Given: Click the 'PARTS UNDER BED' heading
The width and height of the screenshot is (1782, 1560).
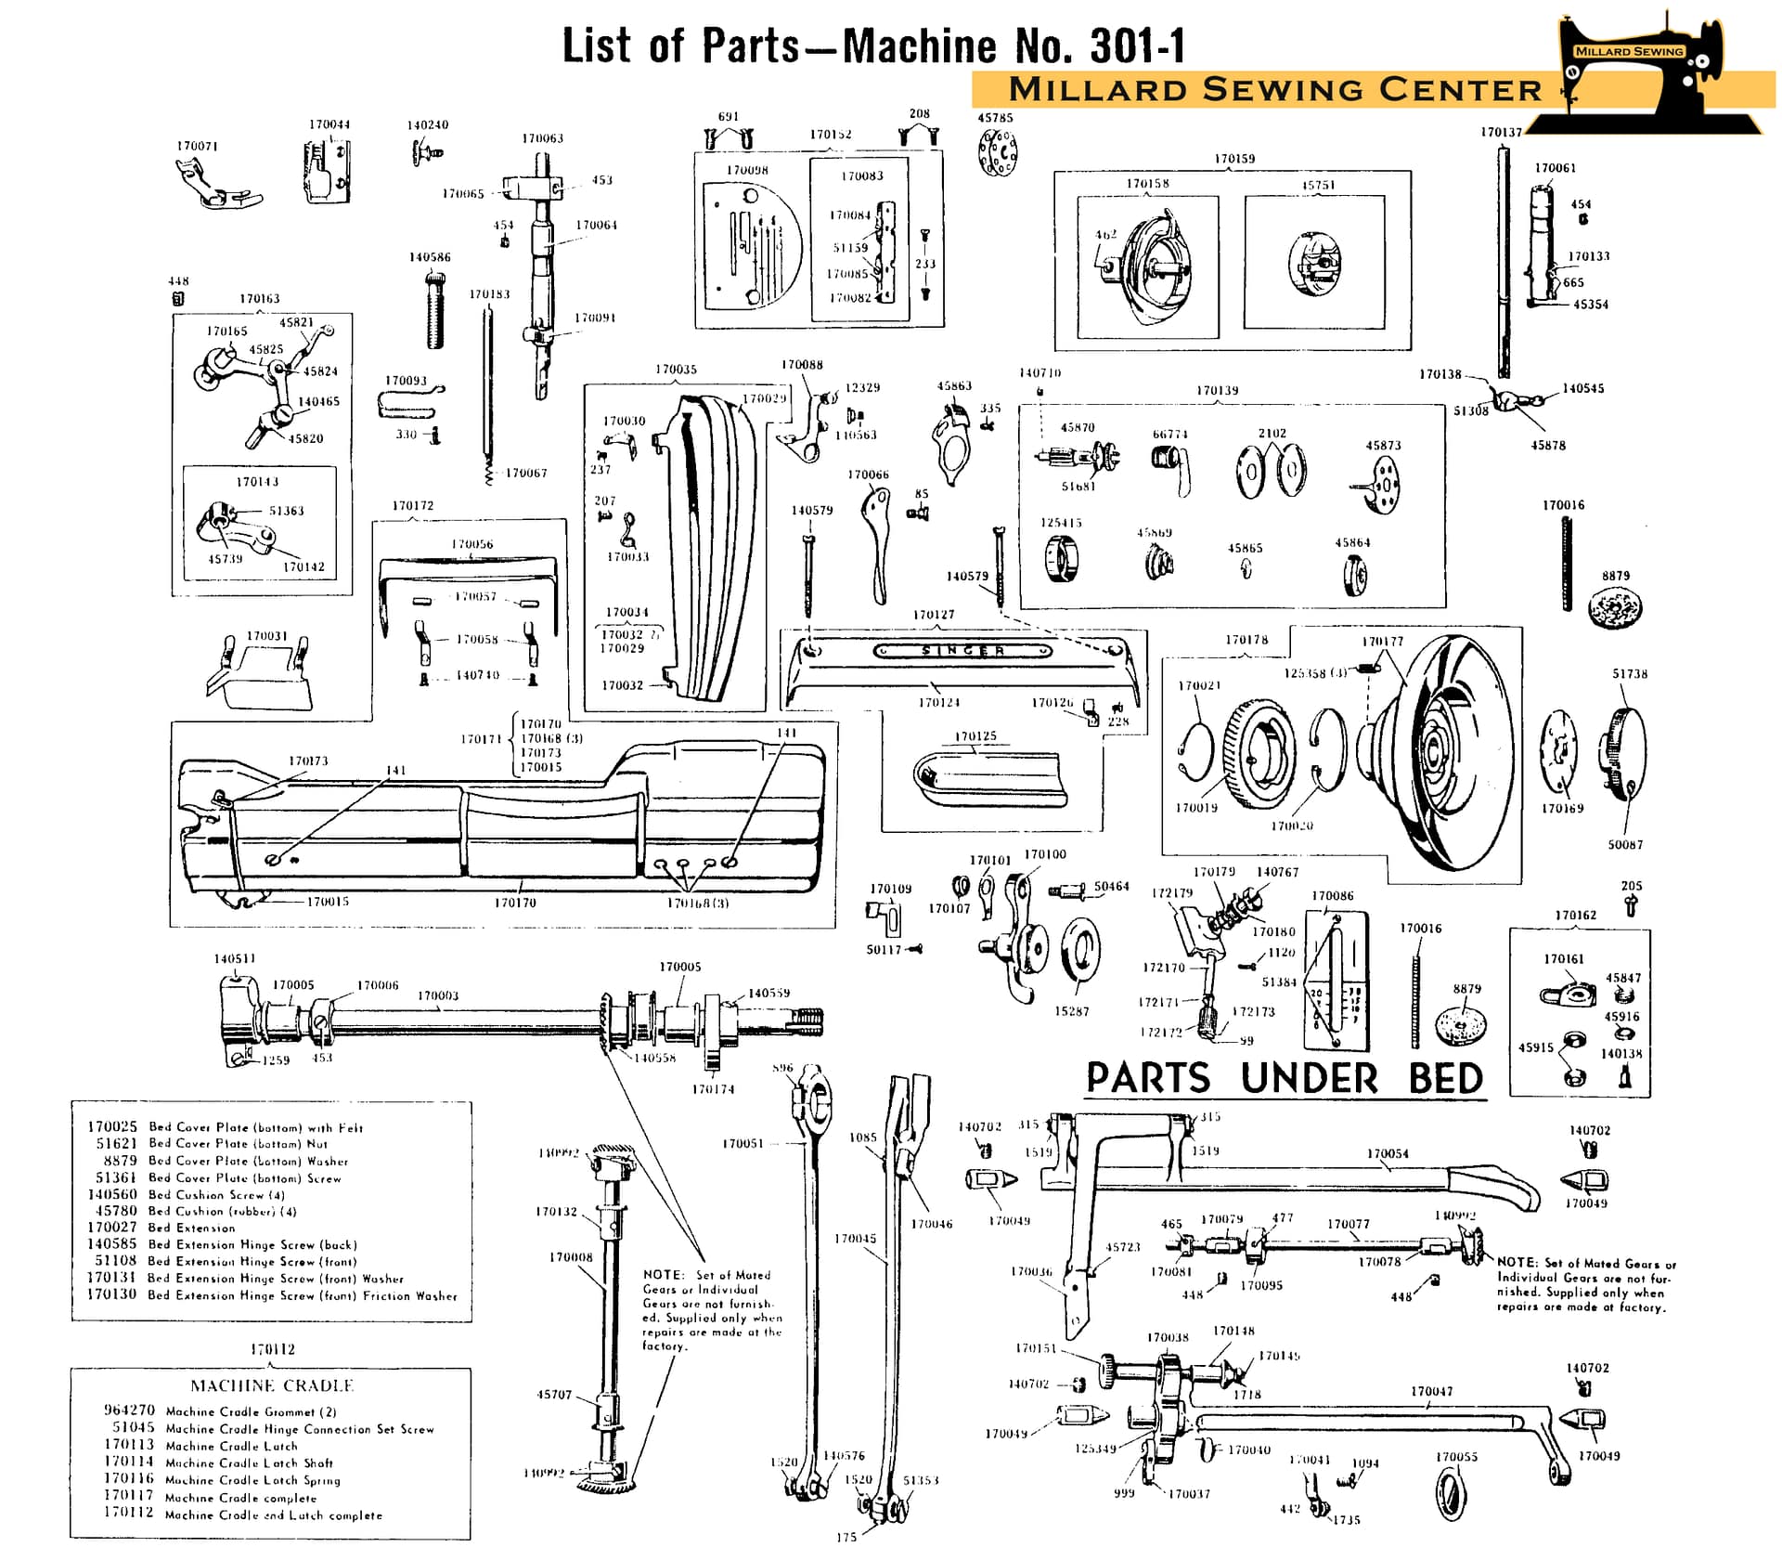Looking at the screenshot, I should click(1285, 1078).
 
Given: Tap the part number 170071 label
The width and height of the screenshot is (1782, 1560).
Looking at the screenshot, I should click(197, 146).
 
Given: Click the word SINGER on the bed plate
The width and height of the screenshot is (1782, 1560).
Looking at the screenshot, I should click(963, 651).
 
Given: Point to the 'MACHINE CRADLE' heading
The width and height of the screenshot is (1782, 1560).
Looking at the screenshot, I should click(272, 1385).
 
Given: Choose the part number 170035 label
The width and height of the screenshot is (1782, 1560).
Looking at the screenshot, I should click(676, 370).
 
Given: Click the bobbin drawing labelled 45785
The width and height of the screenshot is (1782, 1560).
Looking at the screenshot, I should click(998, 152).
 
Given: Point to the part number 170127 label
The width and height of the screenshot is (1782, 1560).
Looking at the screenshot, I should click(933, 615).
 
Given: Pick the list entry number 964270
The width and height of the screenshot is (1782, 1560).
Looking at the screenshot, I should click(129, 1410).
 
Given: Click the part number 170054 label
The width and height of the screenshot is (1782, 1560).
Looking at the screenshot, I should click(1388, 1153).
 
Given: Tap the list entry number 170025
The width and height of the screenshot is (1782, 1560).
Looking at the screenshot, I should click(112, 1126).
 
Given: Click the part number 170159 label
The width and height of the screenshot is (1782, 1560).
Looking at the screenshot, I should click(1234, 159).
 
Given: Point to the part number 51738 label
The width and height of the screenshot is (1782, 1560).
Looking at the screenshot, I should click(1630, 674).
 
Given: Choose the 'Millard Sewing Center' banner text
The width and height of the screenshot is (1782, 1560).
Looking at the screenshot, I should click(1274, 89).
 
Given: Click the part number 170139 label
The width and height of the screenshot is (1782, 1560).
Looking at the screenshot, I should click(1217, 390).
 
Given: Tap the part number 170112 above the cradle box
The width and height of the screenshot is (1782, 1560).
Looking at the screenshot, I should click(272, 1349).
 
